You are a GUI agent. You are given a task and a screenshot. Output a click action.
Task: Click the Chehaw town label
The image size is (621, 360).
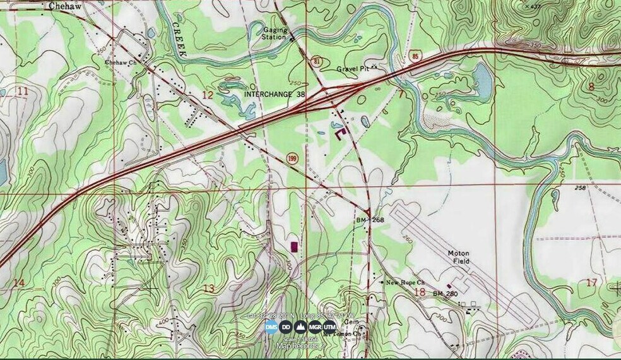pos(62,5)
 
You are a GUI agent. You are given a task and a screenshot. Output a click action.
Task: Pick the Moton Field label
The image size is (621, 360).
pos(459,256)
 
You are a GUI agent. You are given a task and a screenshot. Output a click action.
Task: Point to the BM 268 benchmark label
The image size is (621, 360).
pos(369,219)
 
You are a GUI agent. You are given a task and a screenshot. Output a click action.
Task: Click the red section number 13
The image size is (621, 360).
pos(208,288)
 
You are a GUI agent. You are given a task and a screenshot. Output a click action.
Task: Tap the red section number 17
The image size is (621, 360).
pos(591,282)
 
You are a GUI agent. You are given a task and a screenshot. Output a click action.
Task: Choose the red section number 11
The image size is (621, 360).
pos(23,92)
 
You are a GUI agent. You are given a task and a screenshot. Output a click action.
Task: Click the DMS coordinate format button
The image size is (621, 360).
pos(271,327)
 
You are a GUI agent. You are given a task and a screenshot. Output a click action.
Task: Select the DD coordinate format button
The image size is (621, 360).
pos(285,327)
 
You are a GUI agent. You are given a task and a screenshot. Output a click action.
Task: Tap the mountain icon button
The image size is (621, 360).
pos(300,327)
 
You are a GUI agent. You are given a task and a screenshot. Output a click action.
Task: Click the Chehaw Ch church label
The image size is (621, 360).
pos(120,63)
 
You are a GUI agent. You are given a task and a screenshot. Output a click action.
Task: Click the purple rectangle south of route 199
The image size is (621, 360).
pos(293,246)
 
